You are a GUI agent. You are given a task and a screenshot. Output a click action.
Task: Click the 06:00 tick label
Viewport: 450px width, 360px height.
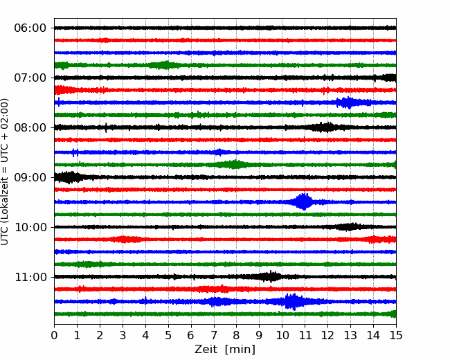point(30,28)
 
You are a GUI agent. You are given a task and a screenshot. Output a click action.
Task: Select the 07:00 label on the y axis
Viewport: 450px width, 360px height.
point(30,78)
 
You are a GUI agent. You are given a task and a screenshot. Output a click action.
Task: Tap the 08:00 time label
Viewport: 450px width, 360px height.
point(30,127)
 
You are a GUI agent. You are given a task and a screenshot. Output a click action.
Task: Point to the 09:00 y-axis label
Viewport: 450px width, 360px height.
point(30,177)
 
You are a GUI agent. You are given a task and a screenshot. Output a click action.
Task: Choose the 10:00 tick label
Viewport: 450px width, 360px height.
point(30,227)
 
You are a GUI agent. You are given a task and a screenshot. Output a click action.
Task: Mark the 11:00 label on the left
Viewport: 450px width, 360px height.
point(30,278)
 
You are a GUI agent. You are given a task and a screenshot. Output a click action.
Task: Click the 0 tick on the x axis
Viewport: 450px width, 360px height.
point(54,335)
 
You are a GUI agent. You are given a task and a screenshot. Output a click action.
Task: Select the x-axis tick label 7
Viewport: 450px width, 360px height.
point(214,335)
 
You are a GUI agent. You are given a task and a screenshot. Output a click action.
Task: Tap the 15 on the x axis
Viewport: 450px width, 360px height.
point(396,335)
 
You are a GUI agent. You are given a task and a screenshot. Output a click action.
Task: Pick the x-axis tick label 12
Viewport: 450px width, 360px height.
point(327,335)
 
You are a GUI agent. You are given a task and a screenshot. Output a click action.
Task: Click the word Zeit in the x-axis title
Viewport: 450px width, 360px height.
point(206,350)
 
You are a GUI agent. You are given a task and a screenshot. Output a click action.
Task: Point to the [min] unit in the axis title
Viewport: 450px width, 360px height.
point(240,350)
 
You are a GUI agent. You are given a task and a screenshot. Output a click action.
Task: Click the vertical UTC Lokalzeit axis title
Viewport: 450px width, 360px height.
point(5,172)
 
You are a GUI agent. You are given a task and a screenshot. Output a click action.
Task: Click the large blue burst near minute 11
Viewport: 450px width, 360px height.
point(303,202)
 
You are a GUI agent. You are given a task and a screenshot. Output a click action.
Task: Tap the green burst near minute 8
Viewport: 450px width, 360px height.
point(234,165)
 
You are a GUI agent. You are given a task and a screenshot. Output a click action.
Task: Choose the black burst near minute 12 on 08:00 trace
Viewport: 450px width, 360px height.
point(326,127)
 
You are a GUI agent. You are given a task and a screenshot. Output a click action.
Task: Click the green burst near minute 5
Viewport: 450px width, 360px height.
point(163,65)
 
